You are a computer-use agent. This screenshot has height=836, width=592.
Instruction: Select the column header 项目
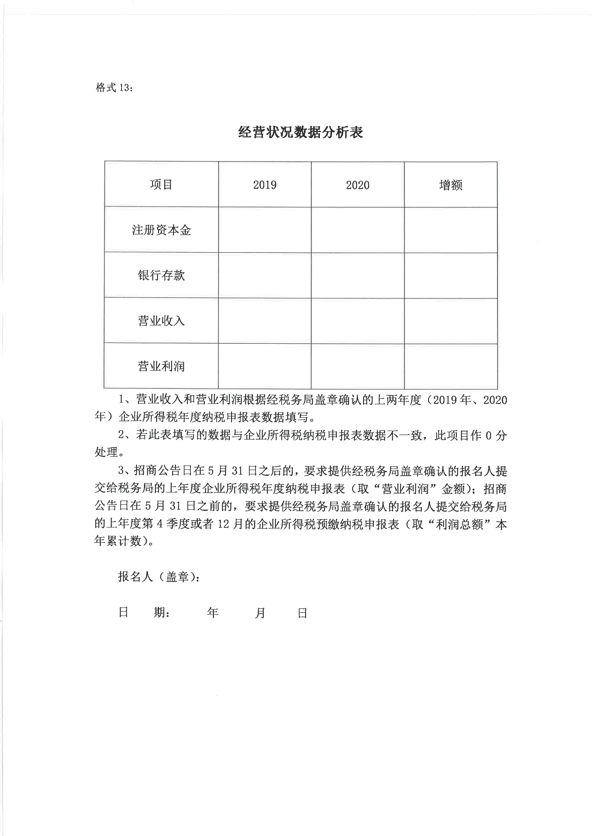pyautogui.click(x=161, y=185)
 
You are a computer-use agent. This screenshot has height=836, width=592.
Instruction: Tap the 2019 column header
pyautogui.click(x=265, y=185)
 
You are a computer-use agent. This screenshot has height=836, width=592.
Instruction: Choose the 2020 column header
pyautogui.click(x=358, y=185)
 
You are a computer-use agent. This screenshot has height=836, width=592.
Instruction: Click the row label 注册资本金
pyautogui.click(x=161, y=230)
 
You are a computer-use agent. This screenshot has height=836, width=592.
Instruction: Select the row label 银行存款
pyautogui.click(x=161, y=275)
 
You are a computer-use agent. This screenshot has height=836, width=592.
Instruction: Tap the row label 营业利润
pyautogui.click(x=161, y=366)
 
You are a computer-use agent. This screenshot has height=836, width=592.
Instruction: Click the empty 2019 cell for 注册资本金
pyautogui.click(x=265, y=230)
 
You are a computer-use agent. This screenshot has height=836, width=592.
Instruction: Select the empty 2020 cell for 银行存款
pyautogui.click(x=358, y=275)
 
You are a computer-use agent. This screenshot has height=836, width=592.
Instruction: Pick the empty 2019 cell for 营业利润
pyautogui.click(x=265, y=366)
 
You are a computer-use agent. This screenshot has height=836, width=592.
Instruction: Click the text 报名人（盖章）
pyautogui.click(x=158, y=577)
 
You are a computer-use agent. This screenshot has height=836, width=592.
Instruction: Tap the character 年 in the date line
pyautogui.click(x=213, y=613)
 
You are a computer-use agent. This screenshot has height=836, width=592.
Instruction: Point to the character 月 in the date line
pyautogui.click(x=260, y=613)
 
